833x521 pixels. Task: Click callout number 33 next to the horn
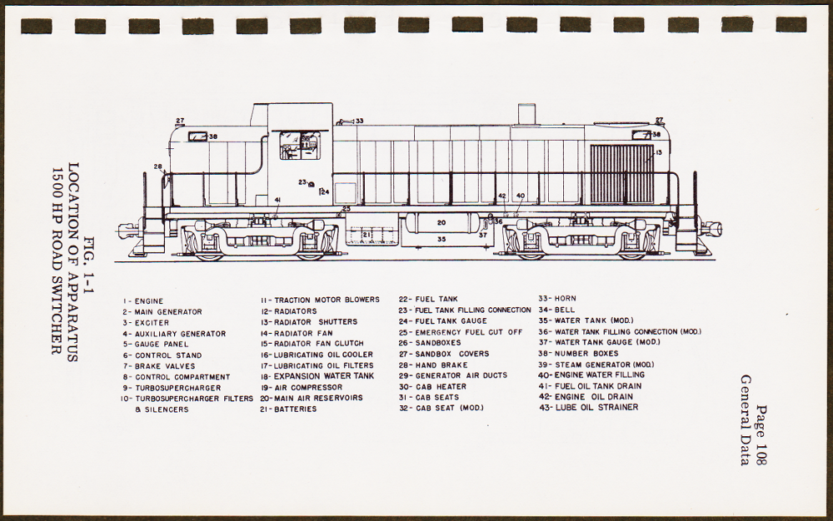click(359, 122)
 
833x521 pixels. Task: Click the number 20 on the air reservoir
click(441, 223)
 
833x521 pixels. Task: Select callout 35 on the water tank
click(441, 240)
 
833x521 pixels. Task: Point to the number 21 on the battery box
click(367, 235)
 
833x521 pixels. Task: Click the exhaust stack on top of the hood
click(526, 114)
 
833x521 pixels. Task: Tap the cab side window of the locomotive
click(298, 145)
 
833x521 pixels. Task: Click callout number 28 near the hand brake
click(158, 167)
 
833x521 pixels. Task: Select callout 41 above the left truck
click(277, 201)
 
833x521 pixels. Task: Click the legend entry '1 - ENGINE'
click(143, 301)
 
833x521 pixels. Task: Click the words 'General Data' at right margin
click(745, 420)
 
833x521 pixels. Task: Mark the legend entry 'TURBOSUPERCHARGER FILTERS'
click(187, 399)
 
